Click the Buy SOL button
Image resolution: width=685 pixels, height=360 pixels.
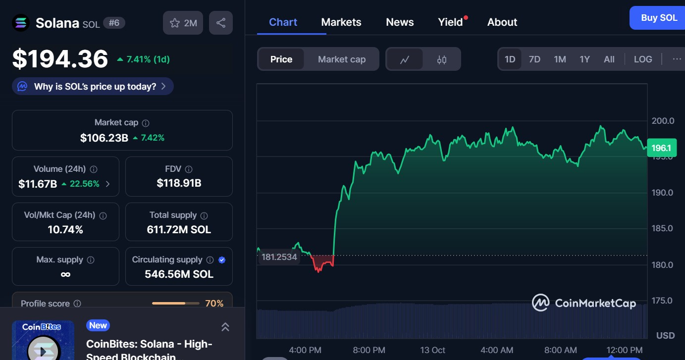click(x=658, y=18)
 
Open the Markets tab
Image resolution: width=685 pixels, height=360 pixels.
click(x=341, y=22)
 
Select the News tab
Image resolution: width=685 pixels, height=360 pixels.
click(x=400, y=22)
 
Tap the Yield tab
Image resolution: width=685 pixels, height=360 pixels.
click(x=450, y=22)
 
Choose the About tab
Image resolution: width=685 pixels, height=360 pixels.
click(x=502, y=22)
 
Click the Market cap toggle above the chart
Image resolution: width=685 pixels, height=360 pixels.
click(x=342, y=59)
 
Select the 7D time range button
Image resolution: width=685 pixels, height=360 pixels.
click(x=534, y=59)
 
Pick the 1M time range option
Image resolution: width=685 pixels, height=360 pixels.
click(x=560, y=59)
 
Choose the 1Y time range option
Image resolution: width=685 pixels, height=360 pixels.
click(x=584, y=59)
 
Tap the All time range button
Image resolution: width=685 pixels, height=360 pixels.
click(x=609, y=59)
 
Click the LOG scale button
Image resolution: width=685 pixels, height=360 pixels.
click(x=643, y=59)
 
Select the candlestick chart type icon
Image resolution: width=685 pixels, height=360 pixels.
click(x=442, y=59)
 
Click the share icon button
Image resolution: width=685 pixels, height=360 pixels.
click(x=221, y=23)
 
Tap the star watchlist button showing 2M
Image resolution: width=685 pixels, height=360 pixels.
click(x=183, y=23)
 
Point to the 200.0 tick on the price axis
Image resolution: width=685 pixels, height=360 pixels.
click(x=663, y=121)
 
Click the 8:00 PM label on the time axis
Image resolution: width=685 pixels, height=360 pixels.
click(x=369, y=350)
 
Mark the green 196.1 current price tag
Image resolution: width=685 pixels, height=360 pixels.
click(x=661, y=148)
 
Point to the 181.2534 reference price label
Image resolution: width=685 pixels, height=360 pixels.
click(x=279, y=257)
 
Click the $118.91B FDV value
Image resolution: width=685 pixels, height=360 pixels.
click(x=179, y=183)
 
